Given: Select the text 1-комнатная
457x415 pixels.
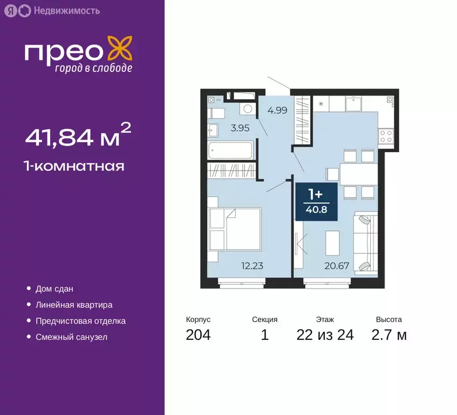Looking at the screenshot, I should point(74,166).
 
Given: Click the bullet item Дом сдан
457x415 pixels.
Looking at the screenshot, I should point(54,289).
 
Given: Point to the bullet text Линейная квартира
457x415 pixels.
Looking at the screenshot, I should point(73,305).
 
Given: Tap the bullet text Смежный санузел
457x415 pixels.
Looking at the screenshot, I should point(71,337).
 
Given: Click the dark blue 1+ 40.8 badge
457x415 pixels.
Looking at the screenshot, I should point(316,202).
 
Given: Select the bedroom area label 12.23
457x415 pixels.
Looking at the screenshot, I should point(252,265).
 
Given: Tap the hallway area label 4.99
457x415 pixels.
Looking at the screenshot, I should point(277,110).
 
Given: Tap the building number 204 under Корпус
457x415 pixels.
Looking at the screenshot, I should point(198,335).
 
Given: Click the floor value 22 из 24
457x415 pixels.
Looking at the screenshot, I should point(325,335).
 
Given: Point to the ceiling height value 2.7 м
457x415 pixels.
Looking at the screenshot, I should point(388,335).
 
